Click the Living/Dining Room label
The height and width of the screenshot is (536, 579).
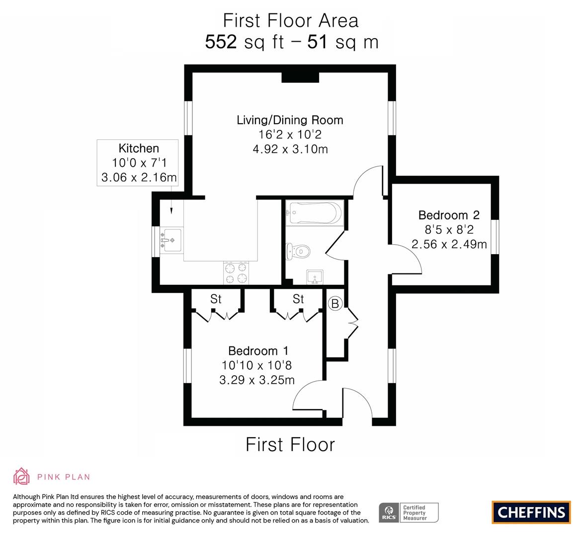[290, 120]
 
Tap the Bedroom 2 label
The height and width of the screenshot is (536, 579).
[449, 215]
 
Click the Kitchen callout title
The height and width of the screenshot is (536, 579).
[139, 148]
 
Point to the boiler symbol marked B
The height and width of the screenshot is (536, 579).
[335, 303]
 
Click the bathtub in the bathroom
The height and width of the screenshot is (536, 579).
[315, 213]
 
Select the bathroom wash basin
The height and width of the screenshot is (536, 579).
[315, 277]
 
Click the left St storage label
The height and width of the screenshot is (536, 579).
[216, 299]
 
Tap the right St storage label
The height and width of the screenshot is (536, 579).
[298, 299]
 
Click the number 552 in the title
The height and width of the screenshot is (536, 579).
[221, 42]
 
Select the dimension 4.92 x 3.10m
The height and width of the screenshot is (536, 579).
[290, 149]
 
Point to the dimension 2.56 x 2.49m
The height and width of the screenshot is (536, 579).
[449, 244]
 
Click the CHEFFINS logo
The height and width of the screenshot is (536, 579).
[531, 512]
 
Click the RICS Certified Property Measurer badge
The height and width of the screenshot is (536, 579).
[409, 512]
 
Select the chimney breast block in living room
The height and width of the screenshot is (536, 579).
[300, 77]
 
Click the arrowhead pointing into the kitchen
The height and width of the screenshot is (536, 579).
[172, 210]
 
